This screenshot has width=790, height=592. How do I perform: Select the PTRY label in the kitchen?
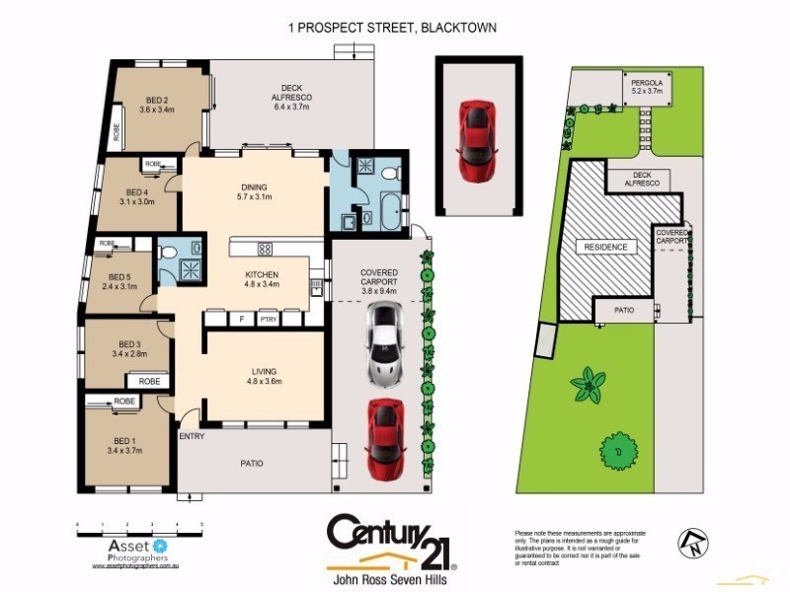pos(268,320)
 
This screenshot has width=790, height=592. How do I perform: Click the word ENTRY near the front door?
pos(192,435)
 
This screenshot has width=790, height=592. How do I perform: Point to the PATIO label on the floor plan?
pos(252,463)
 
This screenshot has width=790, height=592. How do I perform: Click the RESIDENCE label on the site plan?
pos(605,247)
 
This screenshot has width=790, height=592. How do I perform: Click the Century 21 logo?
pos(392,540)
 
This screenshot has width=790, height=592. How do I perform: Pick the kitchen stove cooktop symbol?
pos(265,248)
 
